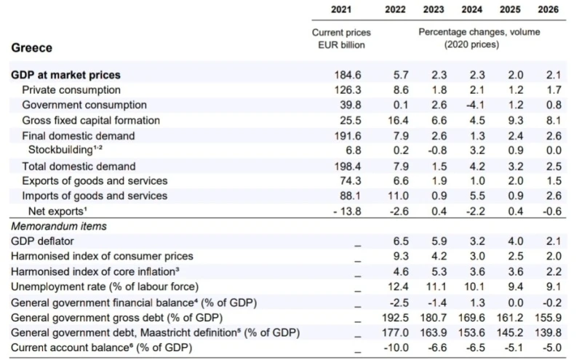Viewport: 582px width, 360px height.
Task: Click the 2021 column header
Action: pos(341,9)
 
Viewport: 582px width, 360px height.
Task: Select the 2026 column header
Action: pos(548,9)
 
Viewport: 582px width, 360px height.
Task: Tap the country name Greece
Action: pos(31,48)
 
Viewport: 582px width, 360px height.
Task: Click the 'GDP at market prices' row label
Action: pos(65,75)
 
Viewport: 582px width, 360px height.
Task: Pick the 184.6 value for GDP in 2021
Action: pos(348,75)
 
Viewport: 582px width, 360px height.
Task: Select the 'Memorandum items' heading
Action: pos(58,226)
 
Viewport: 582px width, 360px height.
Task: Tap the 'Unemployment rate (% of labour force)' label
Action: pos(104,287)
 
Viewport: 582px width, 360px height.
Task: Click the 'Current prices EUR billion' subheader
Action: pos(341,39)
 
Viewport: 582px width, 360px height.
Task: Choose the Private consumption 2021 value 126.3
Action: pos(348,90)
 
